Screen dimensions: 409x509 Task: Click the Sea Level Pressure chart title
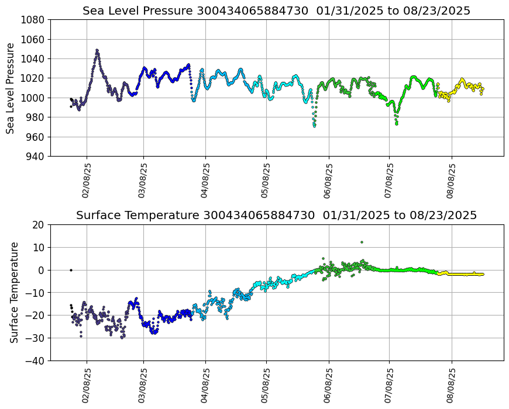click(x=276, y=11)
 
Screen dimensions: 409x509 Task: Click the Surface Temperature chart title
click(x=276, y=216)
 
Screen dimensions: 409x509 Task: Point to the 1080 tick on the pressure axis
click(x=34, y=20)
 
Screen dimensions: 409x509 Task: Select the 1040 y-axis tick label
click(x=34, y=59)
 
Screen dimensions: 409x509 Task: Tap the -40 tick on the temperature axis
click(x=36, y=361)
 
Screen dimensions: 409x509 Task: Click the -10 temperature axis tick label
click(x=36, y=293)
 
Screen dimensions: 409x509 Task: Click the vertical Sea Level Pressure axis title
click(x=11, y=88)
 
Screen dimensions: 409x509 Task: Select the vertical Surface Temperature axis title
click(x=14, y=292)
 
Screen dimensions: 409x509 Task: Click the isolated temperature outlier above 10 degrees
click(x=362, y=242)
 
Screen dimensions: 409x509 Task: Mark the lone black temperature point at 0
click(x=71, y=270)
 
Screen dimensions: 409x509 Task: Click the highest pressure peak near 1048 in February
click(x=97, y=50)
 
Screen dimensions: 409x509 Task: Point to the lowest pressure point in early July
click(x=397, y=124)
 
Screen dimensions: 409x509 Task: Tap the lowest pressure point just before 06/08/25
click(x=314, y=126)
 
